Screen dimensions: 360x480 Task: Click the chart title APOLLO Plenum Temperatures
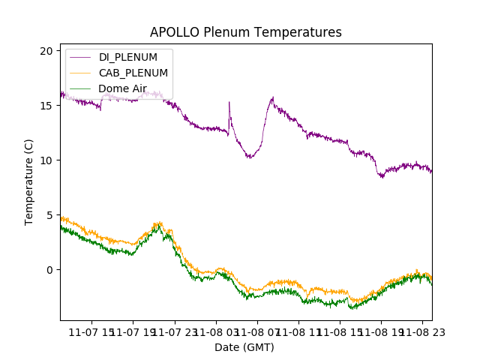(246, 32)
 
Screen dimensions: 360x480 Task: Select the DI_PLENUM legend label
(128, 58)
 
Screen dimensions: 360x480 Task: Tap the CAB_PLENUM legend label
(133, 73)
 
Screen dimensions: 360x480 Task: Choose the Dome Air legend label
(122, 88)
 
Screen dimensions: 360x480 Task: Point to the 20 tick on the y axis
(46, 50)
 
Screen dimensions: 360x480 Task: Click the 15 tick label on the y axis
(46, 105)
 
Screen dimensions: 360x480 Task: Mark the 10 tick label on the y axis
(46, 160)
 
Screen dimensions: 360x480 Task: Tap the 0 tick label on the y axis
(49, 269)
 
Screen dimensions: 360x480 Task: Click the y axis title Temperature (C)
(29, 182)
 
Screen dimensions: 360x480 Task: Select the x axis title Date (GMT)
(244, 347)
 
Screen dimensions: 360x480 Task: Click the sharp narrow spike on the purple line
(229, 103)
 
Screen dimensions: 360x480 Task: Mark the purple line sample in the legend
(79, 58)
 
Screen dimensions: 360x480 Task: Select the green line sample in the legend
(79, 88)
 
